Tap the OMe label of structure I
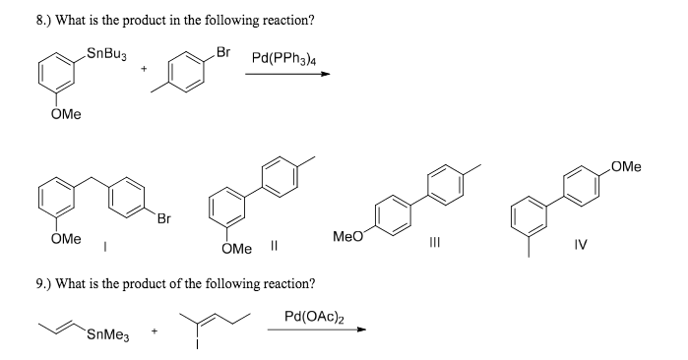pos(66,238)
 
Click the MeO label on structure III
pos(348,237)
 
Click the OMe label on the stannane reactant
pos(66,117)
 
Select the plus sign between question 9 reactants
pos(153,331)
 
